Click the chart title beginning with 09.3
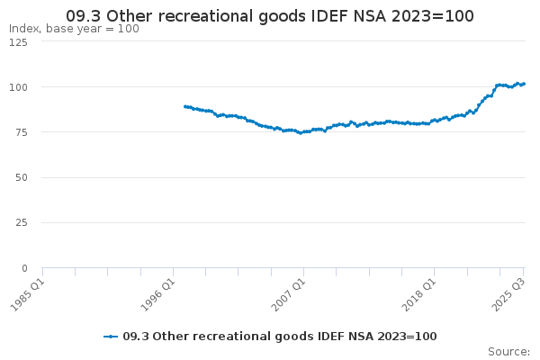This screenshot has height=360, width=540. pos(270,16)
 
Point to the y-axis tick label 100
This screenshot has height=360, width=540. pos(17,87)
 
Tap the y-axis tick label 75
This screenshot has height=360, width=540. pos(20,132)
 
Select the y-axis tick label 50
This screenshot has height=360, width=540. pos(20,177)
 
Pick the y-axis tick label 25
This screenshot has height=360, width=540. pos(20,222)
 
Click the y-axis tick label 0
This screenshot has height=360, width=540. pos(23,268)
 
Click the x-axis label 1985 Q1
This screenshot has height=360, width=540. pos(25,293)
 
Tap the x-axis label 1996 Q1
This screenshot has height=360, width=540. pos(157,293)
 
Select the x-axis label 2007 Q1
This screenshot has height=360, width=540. pos(287,293)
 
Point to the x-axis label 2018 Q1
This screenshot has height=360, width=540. pos(418,293)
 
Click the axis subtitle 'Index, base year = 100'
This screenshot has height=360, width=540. pos(74,29)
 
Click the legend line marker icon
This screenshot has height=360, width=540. pos(111,336)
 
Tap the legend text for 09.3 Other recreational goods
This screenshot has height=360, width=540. pos(279,336)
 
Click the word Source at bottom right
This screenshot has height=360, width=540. pos(508,351)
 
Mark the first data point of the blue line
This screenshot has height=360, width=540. pos(184,106)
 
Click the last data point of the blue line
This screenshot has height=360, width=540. pos(524,84)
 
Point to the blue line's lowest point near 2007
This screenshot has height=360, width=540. pos(301,133)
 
